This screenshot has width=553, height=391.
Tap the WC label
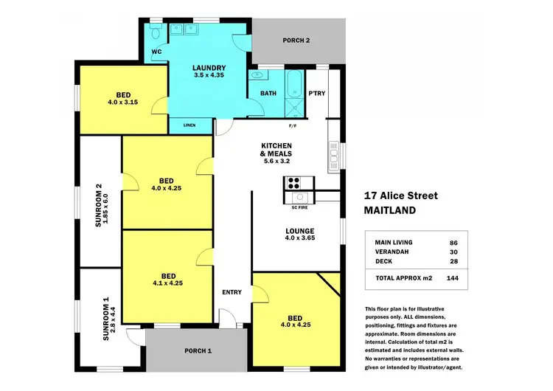point(156,52)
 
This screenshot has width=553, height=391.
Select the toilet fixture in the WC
point(155,33)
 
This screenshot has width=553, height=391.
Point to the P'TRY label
point(317,93)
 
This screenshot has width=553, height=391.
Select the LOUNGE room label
point(300,231)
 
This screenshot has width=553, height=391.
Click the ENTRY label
point(232,292)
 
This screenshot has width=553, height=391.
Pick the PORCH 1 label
point(197,350)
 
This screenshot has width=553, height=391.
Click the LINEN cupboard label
point(189,125)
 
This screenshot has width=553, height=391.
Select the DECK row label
point(383,262)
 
